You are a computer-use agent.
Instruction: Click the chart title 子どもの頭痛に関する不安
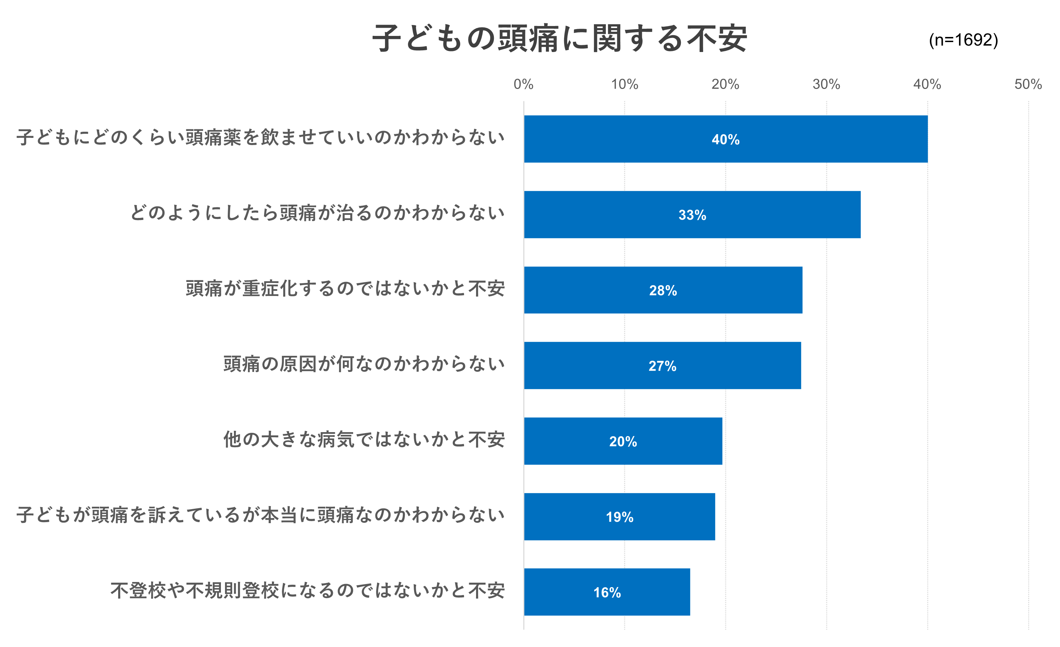pyautogui.click(x=559, y=39)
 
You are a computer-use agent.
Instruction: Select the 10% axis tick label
pyautogui.click(x=625, y=84)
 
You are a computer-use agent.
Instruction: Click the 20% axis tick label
pyautogui.click(x=725, y=84)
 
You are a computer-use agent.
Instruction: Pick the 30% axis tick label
pyautogui.click(x=826, y=84)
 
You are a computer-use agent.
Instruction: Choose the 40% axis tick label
pyautogui.click(x=927, y=84)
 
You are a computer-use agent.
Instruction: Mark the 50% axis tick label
pyautogui.click(x=1028, y=84)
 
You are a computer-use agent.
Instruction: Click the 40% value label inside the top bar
pyautogui.click(x=725, y=140)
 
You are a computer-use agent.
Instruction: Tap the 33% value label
pyautogui.click(x=692, y=215)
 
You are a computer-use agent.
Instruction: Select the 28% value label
pyautogui.click(x=663, y=290)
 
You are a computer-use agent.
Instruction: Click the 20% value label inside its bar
pyautogui.click(x=623, y=441)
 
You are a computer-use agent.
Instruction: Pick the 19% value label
pyautogui.click(x=620, y=517)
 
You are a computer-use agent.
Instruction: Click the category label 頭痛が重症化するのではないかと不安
pyautogui.click(x=345, y=288)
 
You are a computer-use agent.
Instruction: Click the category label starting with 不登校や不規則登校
pyautogui.click(x=307, y=591)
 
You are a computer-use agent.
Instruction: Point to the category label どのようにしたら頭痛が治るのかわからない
pyautogui.click(x=317, y=213)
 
